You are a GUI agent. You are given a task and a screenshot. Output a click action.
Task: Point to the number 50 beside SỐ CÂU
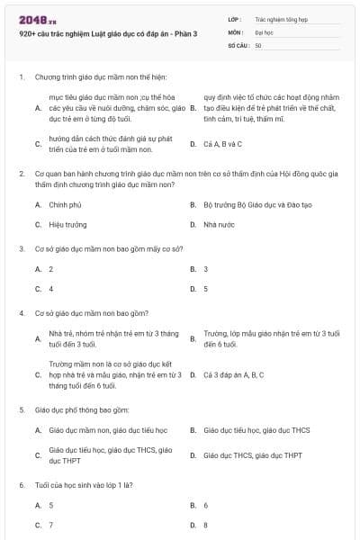click(x=258, y=44)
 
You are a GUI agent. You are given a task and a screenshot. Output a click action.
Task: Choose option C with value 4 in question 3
click(x=51, y=289)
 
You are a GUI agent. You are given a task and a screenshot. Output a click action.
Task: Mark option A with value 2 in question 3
click(x=51, y=269)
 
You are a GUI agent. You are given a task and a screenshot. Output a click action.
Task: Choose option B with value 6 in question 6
click(x=206, y=506)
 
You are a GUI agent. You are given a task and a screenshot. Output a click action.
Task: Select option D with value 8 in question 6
click(x=206, y=525)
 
